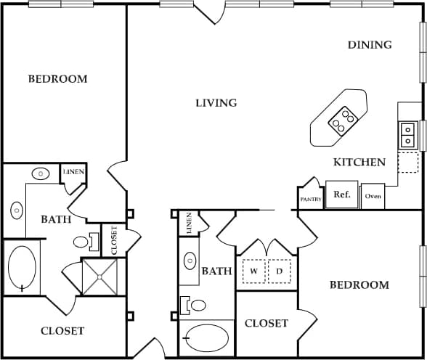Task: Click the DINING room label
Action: click(x=370, y=45)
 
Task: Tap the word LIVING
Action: click(x=216, y=103)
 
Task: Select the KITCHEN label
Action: click(x=359, y=162)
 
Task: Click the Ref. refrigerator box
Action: click(x=341, y=195)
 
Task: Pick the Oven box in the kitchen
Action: click(x=373, y=196)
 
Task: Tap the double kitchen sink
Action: click(x=407, y=135)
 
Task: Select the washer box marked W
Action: click(x=254, y=271)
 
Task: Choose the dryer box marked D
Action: click(x=279, y=271)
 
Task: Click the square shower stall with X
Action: click(x=103, y=277)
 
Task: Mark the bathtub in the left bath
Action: click(x=22, y=269)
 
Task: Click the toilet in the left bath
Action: click(x=82, y=241)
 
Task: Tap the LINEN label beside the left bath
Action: click(x=73, y=172)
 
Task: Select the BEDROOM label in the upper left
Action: click(x=57, y=79)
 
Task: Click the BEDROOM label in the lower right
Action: click(x=359, y=285)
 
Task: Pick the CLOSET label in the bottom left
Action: click(x=62, y=331)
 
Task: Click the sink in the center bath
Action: click(x=190, y=261)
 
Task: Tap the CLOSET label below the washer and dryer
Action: click(x=267, y=324)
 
